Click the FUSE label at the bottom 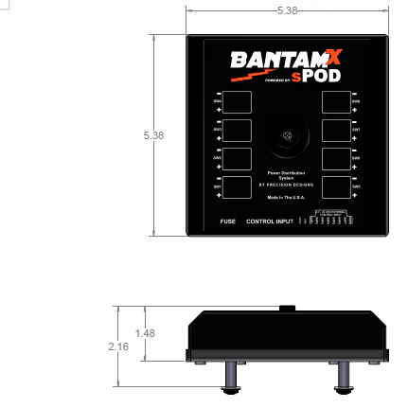[227, 222]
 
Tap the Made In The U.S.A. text [286, 198]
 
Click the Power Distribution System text [286, 175]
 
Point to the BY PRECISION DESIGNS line [286, 186]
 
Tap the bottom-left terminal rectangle [237, 186]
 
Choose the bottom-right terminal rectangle [336, 186]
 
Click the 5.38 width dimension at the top [286, 10]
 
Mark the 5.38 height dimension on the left [153, 135]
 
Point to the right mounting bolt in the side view [342, 378]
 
